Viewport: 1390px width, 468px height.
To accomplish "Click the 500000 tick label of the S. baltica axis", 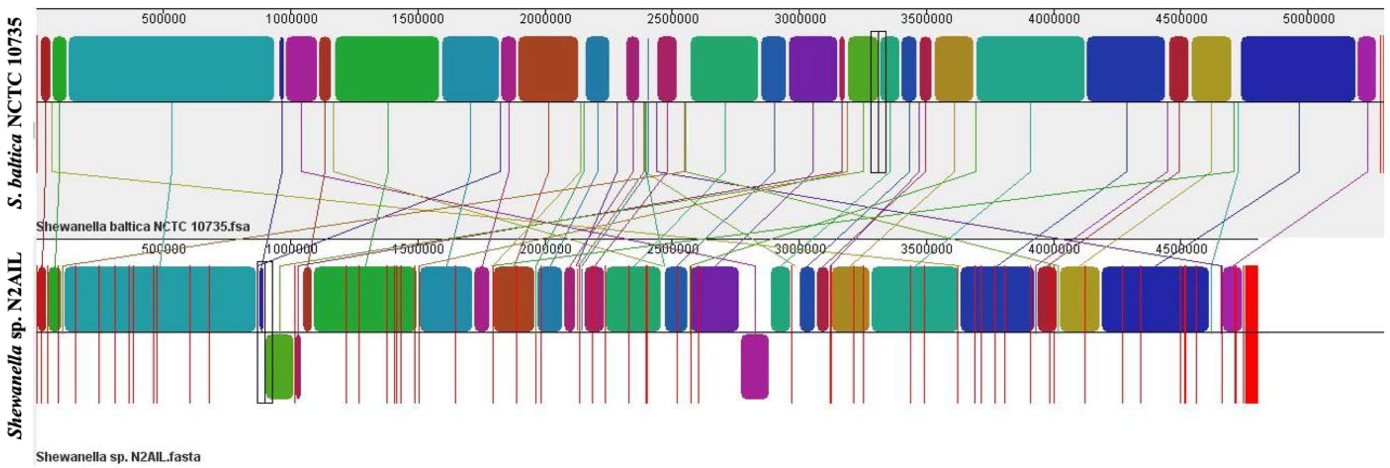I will (x=164, y=19).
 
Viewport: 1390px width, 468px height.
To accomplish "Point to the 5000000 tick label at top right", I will (x=1308, y=19).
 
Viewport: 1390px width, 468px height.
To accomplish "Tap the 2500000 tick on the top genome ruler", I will (x=672, y=19).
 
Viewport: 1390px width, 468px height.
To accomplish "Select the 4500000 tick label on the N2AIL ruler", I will (x=1181, y=249).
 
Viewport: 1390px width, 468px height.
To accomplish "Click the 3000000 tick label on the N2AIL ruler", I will (x=800, y=249).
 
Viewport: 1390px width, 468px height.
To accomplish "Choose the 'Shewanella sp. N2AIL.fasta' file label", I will (x=118, y=457).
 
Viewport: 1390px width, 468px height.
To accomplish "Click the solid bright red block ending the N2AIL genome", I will (x=1251, y=334).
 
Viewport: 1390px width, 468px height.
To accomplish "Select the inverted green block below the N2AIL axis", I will (x=279, y=367).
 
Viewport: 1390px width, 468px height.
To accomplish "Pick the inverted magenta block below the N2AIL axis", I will (x=754, y=367).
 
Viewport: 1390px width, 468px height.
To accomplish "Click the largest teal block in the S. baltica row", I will (x=171, y=69).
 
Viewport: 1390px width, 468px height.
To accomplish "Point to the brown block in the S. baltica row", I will (x=548, y=69).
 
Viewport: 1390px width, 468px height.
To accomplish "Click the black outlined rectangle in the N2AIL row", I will (x=264, y=333).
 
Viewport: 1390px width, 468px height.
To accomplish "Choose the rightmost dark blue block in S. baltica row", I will (x=1298, y=69).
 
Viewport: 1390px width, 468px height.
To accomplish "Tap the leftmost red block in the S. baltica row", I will (x=45, y=69).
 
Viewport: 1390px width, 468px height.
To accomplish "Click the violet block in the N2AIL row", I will (x=715, y=299).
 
